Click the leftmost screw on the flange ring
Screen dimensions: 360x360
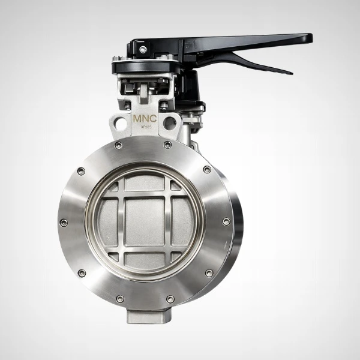click(x=64, y=223)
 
